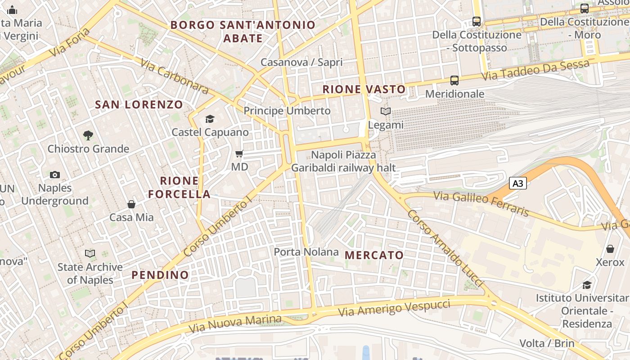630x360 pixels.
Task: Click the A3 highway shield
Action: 518,183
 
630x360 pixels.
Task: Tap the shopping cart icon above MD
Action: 239,154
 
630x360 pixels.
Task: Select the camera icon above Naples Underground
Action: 55,175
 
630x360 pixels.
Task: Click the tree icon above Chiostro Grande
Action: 88,135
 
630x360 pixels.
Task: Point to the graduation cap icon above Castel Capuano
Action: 210,119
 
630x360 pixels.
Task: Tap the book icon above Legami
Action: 386,111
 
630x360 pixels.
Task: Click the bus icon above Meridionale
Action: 454,81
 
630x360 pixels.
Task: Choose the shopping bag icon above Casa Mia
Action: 131,204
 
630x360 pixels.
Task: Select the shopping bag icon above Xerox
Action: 610,249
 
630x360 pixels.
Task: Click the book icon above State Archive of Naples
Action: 90,254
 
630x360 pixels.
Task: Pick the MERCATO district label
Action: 374,255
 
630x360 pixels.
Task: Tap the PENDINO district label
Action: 160,274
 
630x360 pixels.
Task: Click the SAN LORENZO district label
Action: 139,105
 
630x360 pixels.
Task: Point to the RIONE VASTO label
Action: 364,90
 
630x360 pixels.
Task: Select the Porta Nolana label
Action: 306,252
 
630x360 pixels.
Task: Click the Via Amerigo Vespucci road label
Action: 394,308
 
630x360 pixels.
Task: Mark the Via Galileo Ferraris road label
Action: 481,203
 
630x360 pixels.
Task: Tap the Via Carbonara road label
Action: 175,76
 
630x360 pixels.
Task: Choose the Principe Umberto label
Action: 287,111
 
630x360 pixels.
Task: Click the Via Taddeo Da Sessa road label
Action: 535,70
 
